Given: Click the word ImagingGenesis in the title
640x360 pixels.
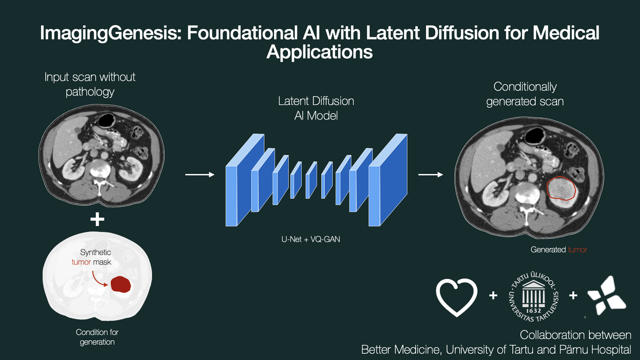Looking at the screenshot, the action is (110, 33).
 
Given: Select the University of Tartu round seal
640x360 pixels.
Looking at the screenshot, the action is (533, 296).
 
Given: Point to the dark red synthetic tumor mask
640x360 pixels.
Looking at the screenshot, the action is (121, 284).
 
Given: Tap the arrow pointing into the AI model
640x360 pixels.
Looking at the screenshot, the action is (200, 175).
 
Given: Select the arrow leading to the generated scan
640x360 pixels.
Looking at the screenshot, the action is (430, 175).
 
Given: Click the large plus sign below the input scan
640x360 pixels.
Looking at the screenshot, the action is (97, 219).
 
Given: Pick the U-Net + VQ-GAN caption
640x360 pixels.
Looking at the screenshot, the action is (311, 239).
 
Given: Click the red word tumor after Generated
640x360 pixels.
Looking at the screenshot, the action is (577, 250).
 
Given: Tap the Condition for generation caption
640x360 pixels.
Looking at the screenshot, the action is (97, 337).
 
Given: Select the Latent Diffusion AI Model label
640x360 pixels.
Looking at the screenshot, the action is (316, 108).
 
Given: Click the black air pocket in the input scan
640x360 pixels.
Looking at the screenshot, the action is (106, 120).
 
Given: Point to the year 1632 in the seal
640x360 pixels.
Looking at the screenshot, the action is (533, 311).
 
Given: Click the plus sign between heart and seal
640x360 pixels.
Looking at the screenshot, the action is (493, 295).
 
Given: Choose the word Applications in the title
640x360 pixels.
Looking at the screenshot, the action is (320, 52).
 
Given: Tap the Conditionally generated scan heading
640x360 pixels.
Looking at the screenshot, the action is (525, 94).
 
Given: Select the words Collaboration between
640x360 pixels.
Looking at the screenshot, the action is (575, 335).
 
